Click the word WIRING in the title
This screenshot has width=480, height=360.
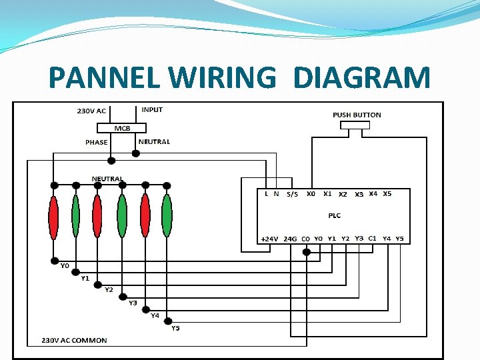pos(222,78)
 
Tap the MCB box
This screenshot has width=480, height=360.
pos(121,128)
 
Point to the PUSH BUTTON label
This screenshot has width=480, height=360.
pos(357,115)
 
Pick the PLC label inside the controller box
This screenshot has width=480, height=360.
pos(334,215)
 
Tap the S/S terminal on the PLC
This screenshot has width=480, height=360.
pos(292,195)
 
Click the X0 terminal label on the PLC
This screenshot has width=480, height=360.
pos(311,194)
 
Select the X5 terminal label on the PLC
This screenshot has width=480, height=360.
pos(387,194)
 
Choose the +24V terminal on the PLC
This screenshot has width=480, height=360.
pos(269,239)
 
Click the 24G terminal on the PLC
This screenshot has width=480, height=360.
pos(290,239)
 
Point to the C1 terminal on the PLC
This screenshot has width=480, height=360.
pos(373,238)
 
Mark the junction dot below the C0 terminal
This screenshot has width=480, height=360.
pos(306,252)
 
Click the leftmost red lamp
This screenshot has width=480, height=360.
pos(53,217)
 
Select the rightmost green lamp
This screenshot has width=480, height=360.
pos(167,216)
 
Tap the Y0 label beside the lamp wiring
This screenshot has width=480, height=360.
pos(65,266)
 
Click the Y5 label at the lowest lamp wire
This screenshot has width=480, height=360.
pos(175,328)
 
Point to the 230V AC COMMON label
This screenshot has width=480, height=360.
pos(74,341)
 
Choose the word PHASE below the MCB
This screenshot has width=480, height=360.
pos(96,142)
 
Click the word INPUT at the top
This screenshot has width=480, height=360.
pos(152,109)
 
